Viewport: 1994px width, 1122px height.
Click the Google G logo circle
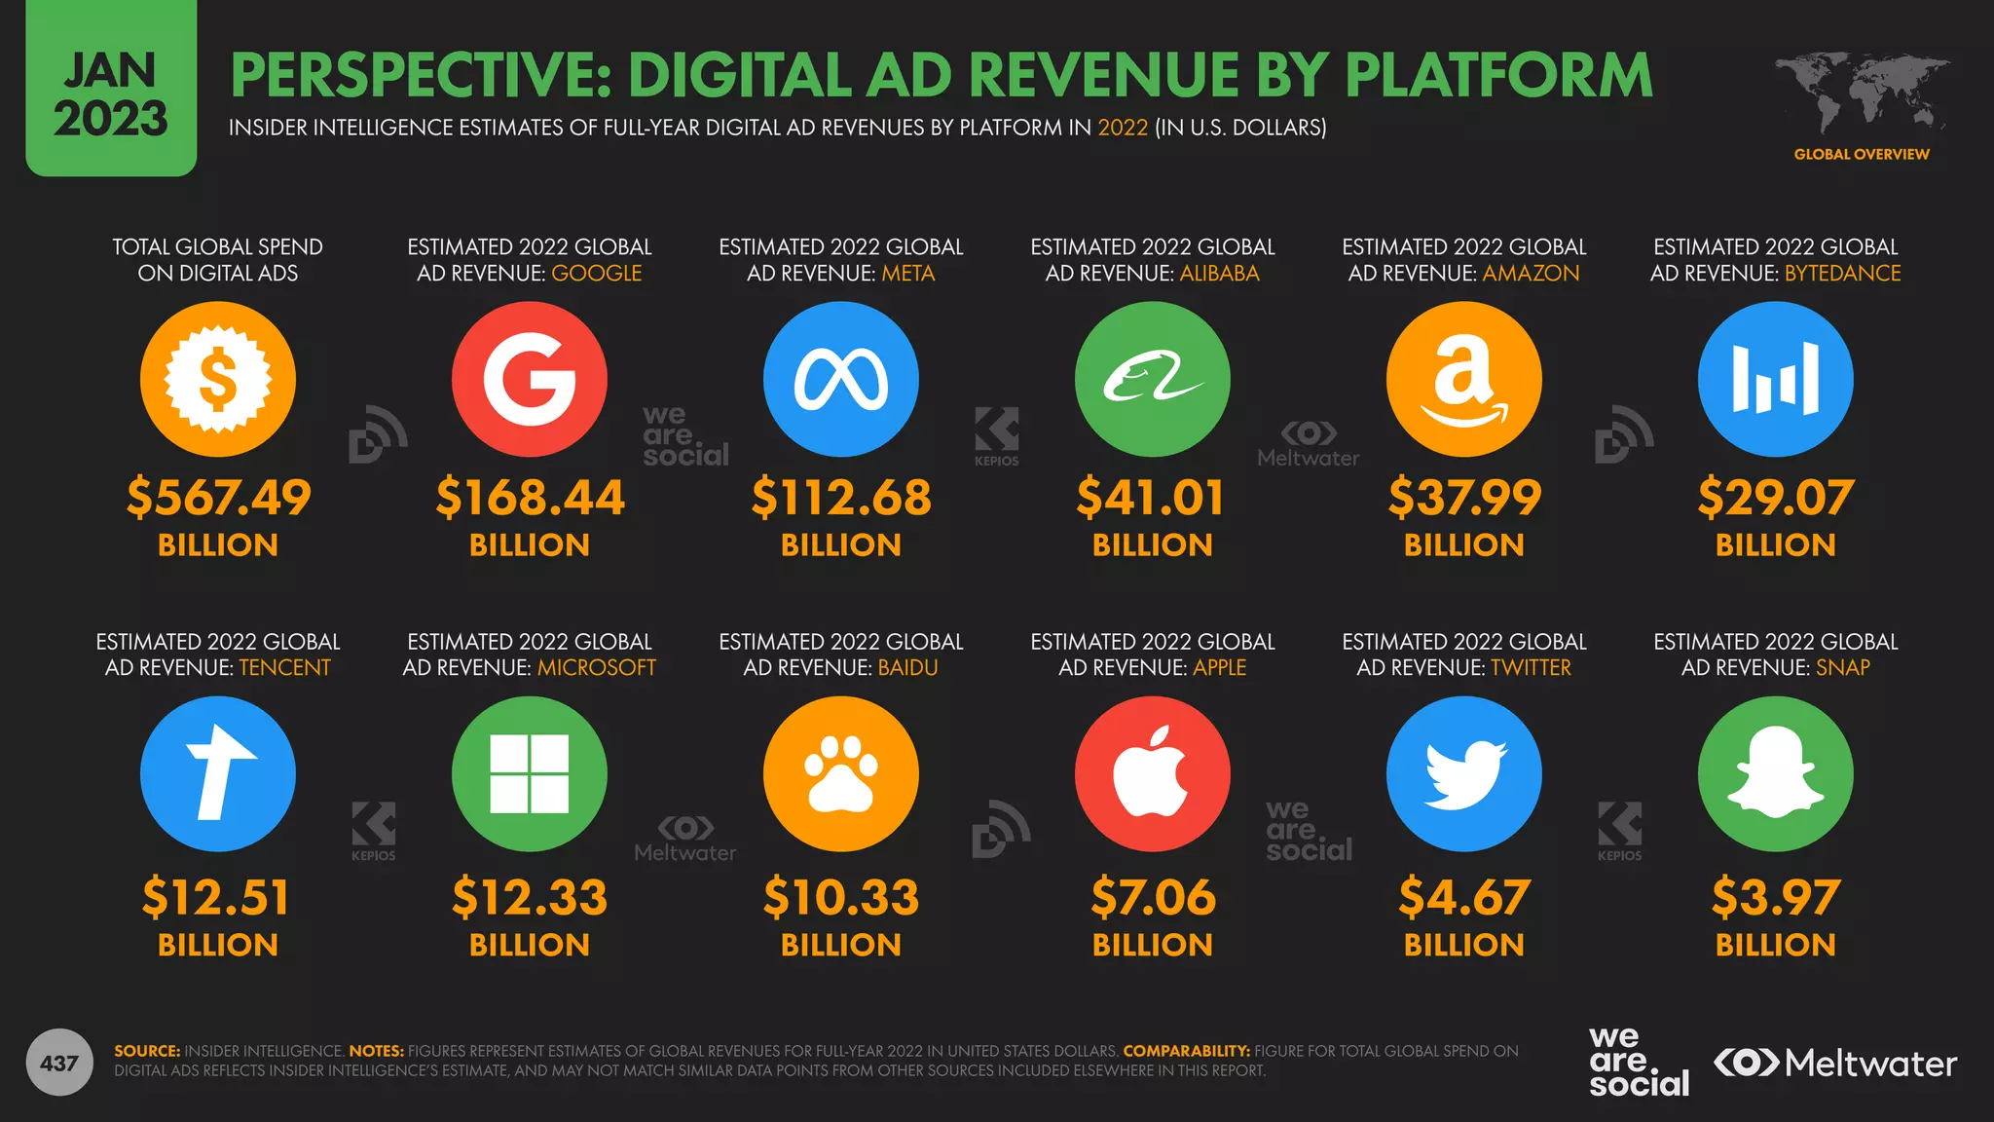point(530,379)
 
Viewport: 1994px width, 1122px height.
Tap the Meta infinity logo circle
point(841,379)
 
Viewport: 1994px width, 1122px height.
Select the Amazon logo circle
point(1464,379)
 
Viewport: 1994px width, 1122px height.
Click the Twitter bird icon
point(1464,774)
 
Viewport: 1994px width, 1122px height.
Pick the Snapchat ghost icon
point(1776,774)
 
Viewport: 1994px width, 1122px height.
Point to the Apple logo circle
point(1153,774)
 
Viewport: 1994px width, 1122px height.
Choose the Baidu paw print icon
point(841,774)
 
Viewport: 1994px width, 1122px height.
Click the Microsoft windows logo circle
point(530,774)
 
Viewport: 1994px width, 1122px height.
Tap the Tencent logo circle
point(218,774)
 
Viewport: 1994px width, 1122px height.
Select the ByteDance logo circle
point(1776,379)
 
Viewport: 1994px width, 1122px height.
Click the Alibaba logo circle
point(1153,379)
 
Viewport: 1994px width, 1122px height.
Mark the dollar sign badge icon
point(218,379)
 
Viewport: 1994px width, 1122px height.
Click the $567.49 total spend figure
point(218,498)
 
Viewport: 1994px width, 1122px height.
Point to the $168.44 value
point(530,498)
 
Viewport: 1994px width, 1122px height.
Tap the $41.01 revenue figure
point(1151,498)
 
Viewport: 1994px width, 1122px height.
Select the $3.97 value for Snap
point(1776,897)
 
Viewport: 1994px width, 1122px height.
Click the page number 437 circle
point(59,1063)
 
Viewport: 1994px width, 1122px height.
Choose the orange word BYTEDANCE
point(1842,274)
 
